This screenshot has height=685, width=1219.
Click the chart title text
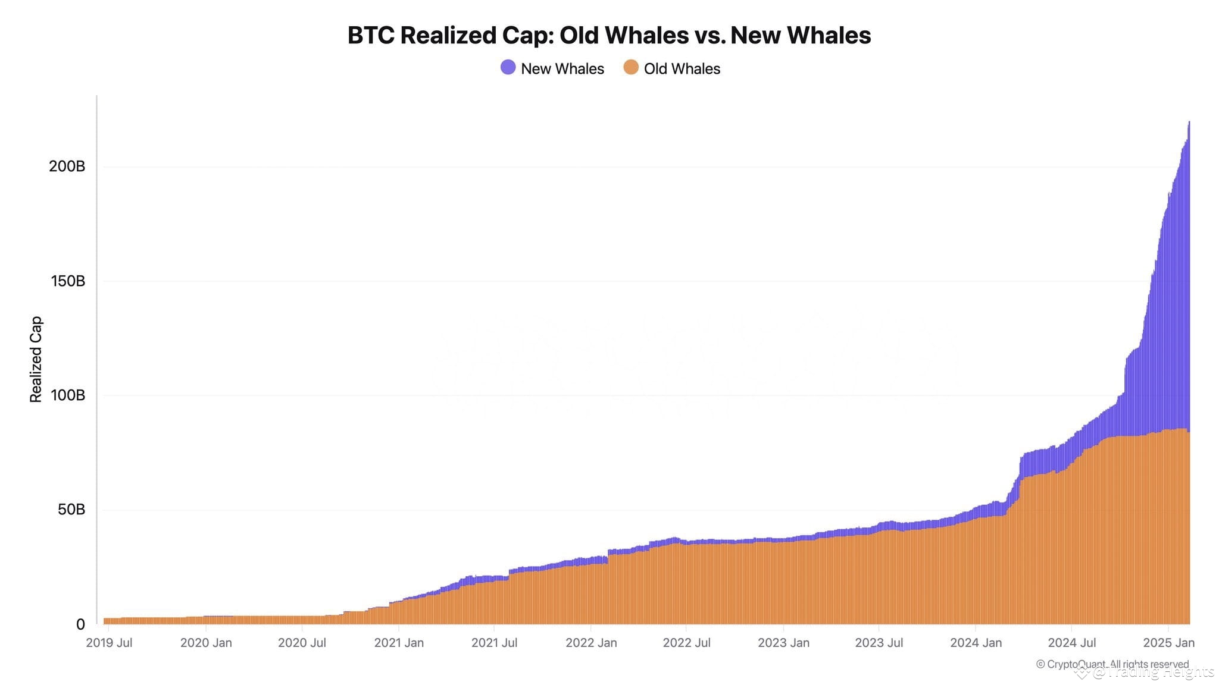(609, 36)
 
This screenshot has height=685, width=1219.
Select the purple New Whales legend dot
(508, 67)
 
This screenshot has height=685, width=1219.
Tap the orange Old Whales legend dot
(631, 67)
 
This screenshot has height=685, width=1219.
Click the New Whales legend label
(562, 69)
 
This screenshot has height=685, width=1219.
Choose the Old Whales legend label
(682, 69)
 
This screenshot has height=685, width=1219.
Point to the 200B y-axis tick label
(67, 166)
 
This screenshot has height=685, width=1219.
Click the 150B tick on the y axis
(68, 281)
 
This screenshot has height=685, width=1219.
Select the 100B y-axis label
(68, 395)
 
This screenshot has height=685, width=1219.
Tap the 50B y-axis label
(71, 510)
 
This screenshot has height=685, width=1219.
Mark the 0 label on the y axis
(80, 624)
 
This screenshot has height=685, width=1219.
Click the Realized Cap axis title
(36, 359)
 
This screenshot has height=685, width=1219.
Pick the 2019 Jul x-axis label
(109, 643)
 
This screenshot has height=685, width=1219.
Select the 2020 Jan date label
(206, 643)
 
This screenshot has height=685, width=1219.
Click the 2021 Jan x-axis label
(399, 643)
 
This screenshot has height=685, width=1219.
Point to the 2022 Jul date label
(686, 643)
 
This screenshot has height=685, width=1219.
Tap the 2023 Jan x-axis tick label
(783, 643)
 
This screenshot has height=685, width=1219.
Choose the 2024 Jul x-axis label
(1071, 643)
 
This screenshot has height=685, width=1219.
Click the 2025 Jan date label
(1168, 643)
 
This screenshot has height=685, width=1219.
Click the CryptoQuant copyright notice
(1112, 664)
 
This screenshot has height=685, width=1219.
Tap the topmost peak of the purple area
(1189, 122)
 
